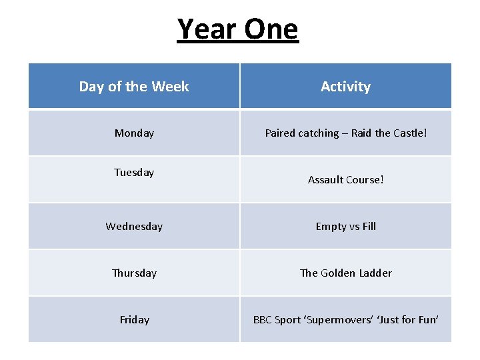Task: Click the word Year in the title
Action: (207, 29)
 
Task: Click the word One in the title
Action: (271, 29)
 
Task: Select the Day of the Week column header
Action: (134, 87)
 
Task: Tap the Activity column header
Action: (345, 87)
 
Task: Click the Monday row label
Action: (134, 133)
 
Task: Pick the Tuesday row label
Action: (134, 173)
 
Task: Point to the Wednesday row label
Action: (134, 227)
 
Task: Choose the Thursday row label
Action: (134, 273)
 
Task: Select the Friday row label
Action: (134, 320)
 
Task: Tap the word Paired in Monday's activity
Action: (280, 133)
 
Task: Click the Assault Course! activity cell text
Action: (345, 180)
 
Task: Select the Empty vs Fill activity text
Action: (345, 227)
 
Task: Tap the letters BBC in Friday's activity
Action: (263, 320)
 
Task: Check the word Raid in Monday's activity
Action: (362, 133)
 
